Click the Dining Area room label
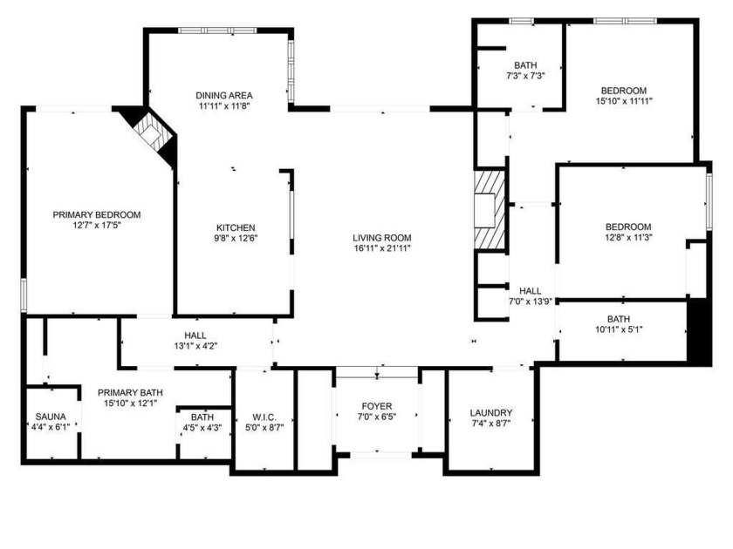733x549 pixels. point(224,95)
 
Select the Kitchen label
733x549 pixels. point(236,227)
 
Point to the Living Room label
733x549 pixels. point(381,238)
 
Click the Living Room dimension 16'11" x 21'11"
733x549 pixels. point(381,248)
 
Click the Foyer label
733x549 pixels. point(377,407)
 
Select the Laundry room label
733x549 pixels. point(490,413)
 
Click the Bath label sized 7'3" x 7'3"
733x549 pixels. point(525,65)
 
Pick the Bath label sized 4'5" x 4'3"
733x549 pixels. point(202,417)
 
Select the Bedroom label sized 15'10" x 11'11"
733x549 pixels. point(623,91)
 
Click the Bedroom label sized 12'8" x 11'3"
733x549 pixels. point(628,227)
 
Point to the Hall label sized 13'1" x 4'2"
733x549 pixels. point(195,335)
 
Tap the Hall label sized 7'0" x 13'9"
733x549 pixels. point(531,291)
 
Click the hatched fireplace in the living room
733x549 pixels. point(488,210)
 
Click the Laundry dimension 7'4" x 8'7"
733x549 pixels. point(490,424)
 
